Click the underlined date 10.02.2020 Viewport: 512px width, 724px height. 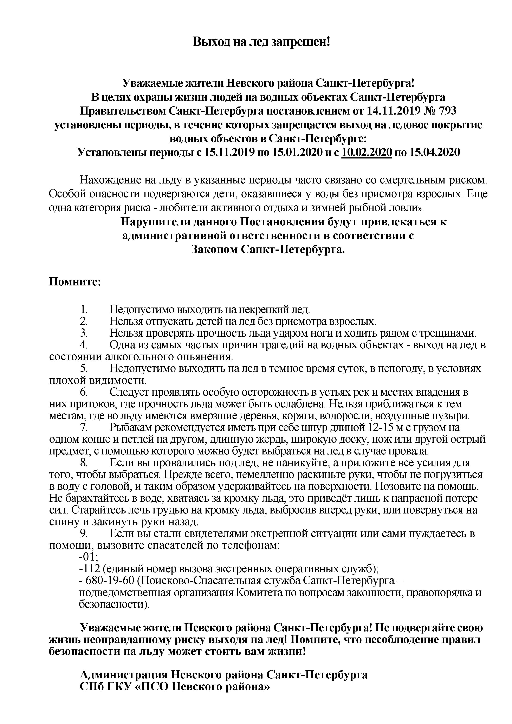pos(367,152)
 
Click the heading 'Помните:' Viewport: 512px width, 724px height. pos(75,281)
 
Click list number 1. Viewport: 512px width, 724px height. pos(84,309)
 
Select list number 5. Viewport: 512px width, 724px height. pos(84,368)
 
